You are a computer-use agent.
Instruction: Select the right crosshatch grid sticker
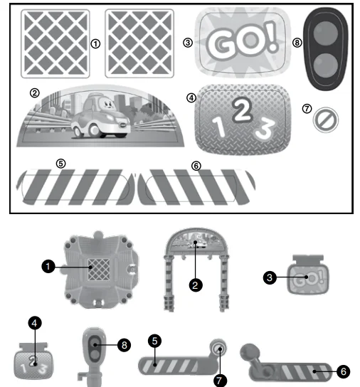[139, 43]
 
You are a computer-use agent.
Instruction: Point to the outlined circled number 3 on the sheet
[188, 43]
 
